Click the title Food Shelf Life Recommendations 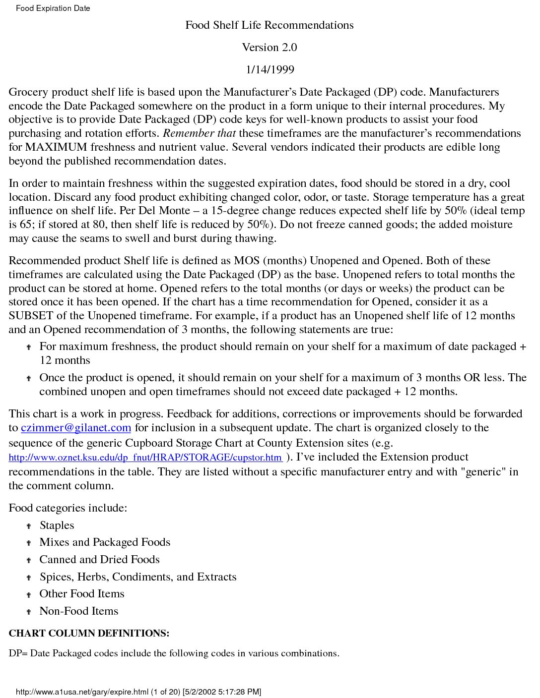click(270, 25)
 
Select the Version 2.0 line click(270, 48)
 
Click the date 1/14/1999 click(270, 70)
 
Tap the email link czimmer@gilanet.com click(76, 428)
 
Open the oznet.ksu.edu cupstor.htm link click(145, 458)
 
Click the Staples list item click(57, 525)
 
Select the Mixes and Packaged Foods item click(105, 542)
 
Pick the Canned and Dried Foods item click(99, 560)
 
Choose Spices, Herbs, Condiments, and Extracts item click(138, 577)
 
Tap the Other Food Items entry click(82, 594)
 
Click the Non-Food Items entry click(79, 611)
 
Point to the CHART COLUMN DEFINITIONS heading click(89, 634)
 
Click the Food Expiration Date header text click(53, 8)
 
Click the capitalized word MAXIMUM click(56, 147)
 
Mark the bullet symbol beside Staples click(29, 526)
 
